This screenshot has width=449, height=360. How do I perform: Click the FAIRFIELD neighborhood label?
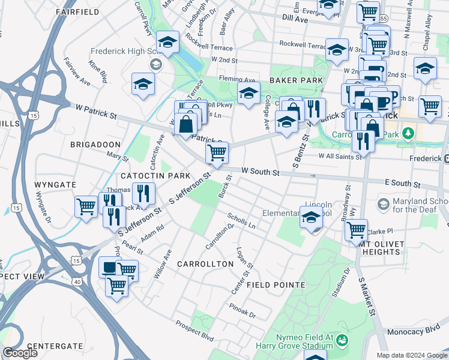pos(76,11)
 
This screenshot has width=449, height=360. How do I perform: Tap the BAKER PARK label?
pos(296,80)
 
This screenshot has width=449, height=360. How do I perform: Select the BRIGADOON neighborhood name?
pos(95,145)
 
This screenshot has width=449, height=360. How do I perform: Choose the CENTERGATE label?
pos(55,346)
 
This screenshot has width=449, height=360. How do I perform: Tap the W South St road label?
pos(261,172)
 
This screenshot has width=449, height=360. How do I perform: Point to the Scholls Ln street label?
pos(241,220)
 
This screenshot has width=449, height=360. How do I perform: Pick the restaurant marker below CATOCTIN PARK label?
pos(143,193)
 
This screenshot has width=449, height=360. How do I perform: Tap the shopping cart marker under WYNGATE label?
pos(86,206)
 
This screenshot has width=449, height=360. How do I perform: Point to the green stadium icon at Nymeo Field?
pos(343,341)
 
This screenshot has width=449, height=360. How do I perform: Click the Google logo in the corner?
pos(20,352)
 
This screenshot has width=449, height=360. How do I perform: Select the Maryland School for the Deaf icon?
pos(382,205)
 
